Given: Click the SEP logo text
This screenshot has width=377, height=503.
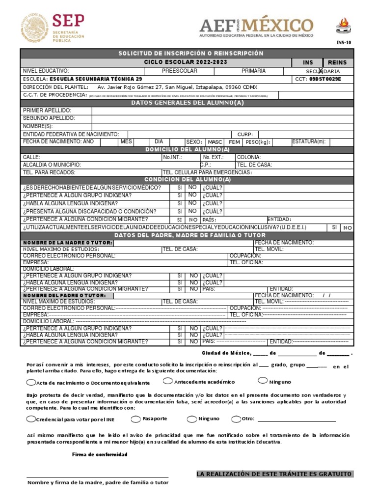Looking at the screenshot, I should tap(68, 20).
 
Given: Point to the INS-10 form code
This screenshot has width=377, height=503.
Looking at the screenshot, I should tap(344, 43).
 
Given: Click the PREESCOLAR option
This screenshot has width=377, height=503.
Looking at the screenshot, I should tap(180, 71).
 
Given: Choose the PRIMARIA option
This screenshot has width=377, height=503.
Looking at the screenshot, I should tap(253, 71).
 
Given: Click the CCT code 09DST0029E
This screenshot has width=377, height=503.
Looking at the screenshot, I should tap(325, 79).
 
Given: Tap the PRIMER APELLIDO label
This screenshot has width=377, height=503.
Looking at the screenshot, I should tap(47, 111).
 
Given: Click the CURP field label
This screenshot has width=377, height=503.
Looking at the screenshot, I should tap(245, 134).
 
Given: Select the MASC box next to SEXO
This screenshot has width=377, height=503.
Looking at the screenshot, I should tap(215, 142).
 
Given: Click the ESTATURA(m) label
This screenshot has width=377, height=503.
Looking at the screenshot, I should tap(309, 142).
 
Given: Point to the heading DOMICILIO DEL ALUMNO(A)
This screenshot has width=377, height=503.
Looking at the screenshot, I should tap(188, 149).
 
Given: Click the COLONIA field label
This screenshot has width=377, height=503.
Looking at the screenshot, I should tap(248, 157).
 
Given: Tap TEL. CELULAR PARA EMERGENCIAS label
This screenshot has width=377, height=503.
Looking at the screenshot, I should tap(207, 172).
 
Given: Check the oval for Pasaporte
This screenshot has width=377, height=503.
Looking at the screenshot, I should tap(135, 419).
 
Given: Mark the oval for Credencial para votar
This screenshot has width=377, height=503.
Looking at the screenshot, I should tap(31, 419).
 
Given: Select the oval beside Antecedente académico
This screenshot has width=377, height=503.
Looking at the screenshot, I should tap(168, 381).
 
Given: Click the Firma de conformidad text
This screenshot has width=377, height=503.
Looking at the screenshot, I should tap(100, 454).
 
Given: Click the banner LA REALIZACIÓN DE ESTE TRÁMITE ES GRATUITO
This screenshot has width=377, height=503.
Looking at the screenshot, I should tap(274, 474).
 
